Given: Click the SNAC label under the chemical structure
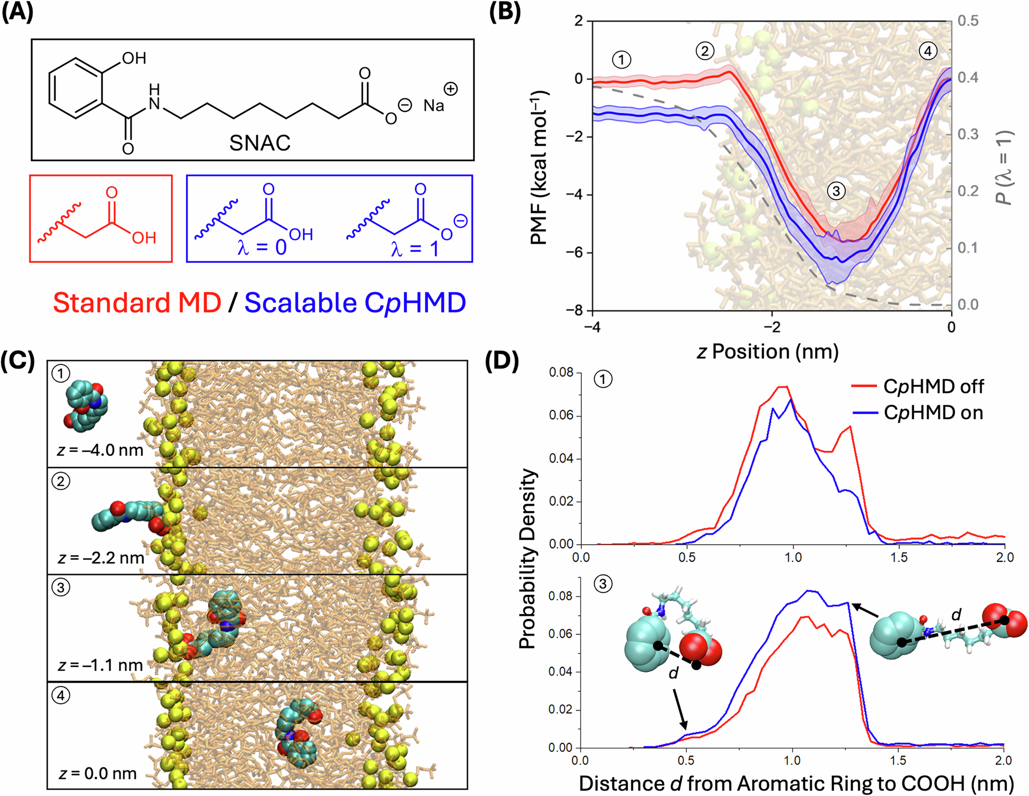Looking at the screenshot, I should point(260,143).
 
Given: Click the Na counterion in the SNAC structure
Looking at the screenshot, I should point(434,106).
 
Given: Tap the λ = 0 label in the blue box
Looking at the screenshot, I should point(262,248).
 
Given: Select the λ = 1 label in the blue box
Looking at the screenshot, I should point(415,249).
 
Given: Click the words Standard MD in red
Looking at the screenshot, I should point(137,303).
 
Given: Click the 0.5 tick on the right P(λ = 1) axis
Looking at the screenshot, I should point(968,21).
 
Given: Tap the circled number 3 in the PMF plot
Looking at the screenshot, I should point(836,192).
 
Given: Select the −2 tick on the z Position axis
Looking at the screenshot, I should point(771,327).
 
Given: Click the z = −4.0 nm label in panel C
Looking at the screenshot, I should point(100,450).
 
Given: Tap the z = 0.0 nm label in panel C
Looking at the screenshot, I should point(98,773).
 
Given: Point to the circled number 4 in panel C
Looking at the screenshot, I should point(61,696).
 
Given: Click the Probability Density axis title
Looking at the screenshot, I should point(527,559).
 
